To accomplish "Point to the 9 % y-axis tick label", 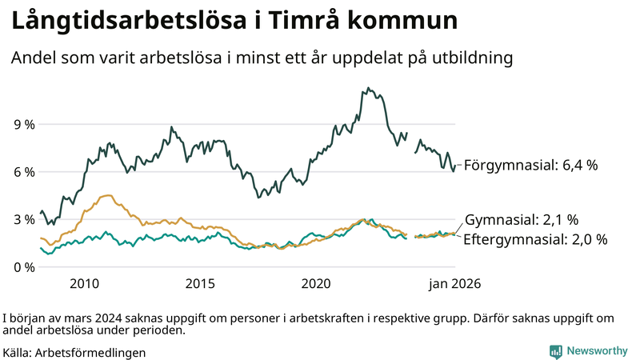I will (23, 125).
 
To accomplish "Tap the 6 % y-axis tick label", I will (23, 172).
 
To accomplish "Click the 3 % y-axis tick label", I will (23, 219).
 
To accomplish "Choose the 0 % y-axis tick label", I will (23, 266).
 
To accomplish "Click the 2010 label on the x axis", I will (84, 284).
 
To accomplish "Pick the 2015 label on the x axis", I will (200, 284).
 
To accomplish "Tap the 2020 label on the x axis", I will (316, 284).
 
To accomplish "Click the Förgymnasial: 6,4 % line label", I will (531, 166).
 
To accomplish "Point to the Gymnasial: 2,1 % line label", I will (522, 219).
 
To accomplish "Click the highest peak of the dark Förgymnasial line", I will (368, 88).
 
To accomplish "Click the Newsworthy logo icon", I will (555, 351).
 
